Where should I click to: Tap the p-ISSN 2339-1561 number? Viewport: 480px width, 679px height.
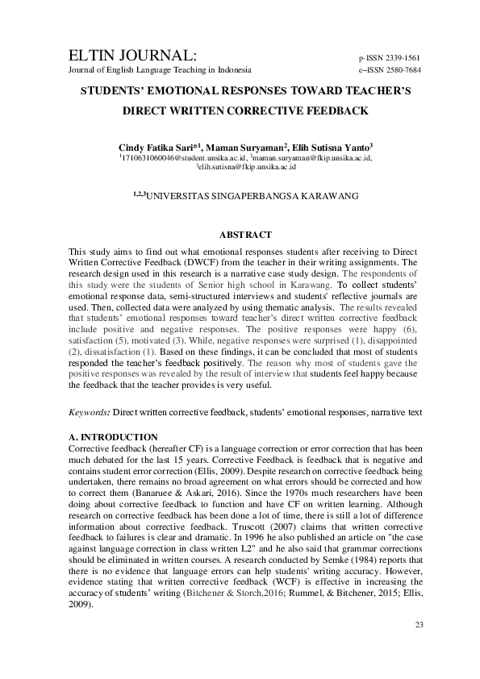tap(389, 58)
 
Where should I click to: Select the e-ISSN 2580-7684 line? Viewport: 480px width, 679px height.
tap(389, 70)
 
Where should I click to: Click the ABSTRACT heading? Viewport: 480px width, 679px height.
tap(248, 235)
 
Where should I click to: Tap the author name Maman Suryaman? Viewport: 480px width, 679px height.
tap(248, 148)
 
